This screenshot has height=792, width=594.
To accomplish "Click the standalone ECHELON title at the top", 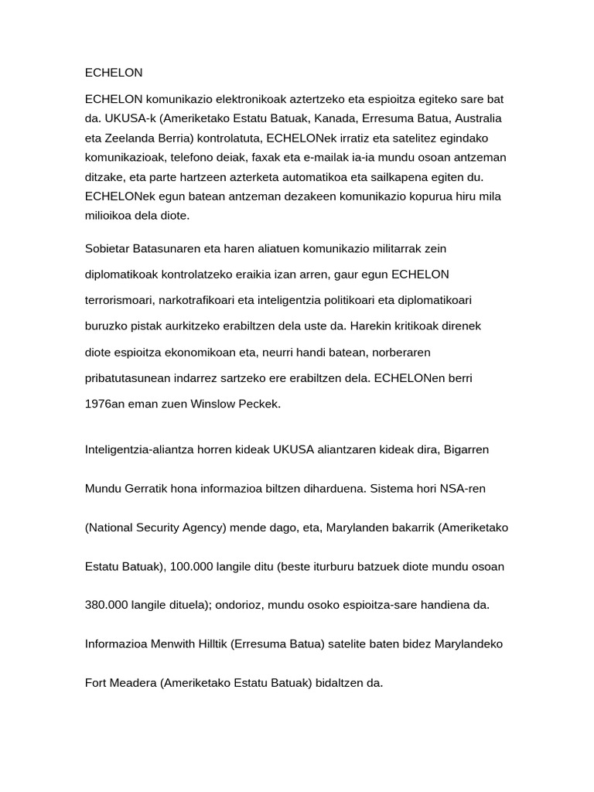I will coord(114,73).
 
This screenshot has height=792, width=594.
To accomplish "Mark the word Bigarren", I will coord(466,449).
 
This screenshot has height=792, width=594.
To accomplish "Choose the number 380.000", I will coord(108,605).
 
